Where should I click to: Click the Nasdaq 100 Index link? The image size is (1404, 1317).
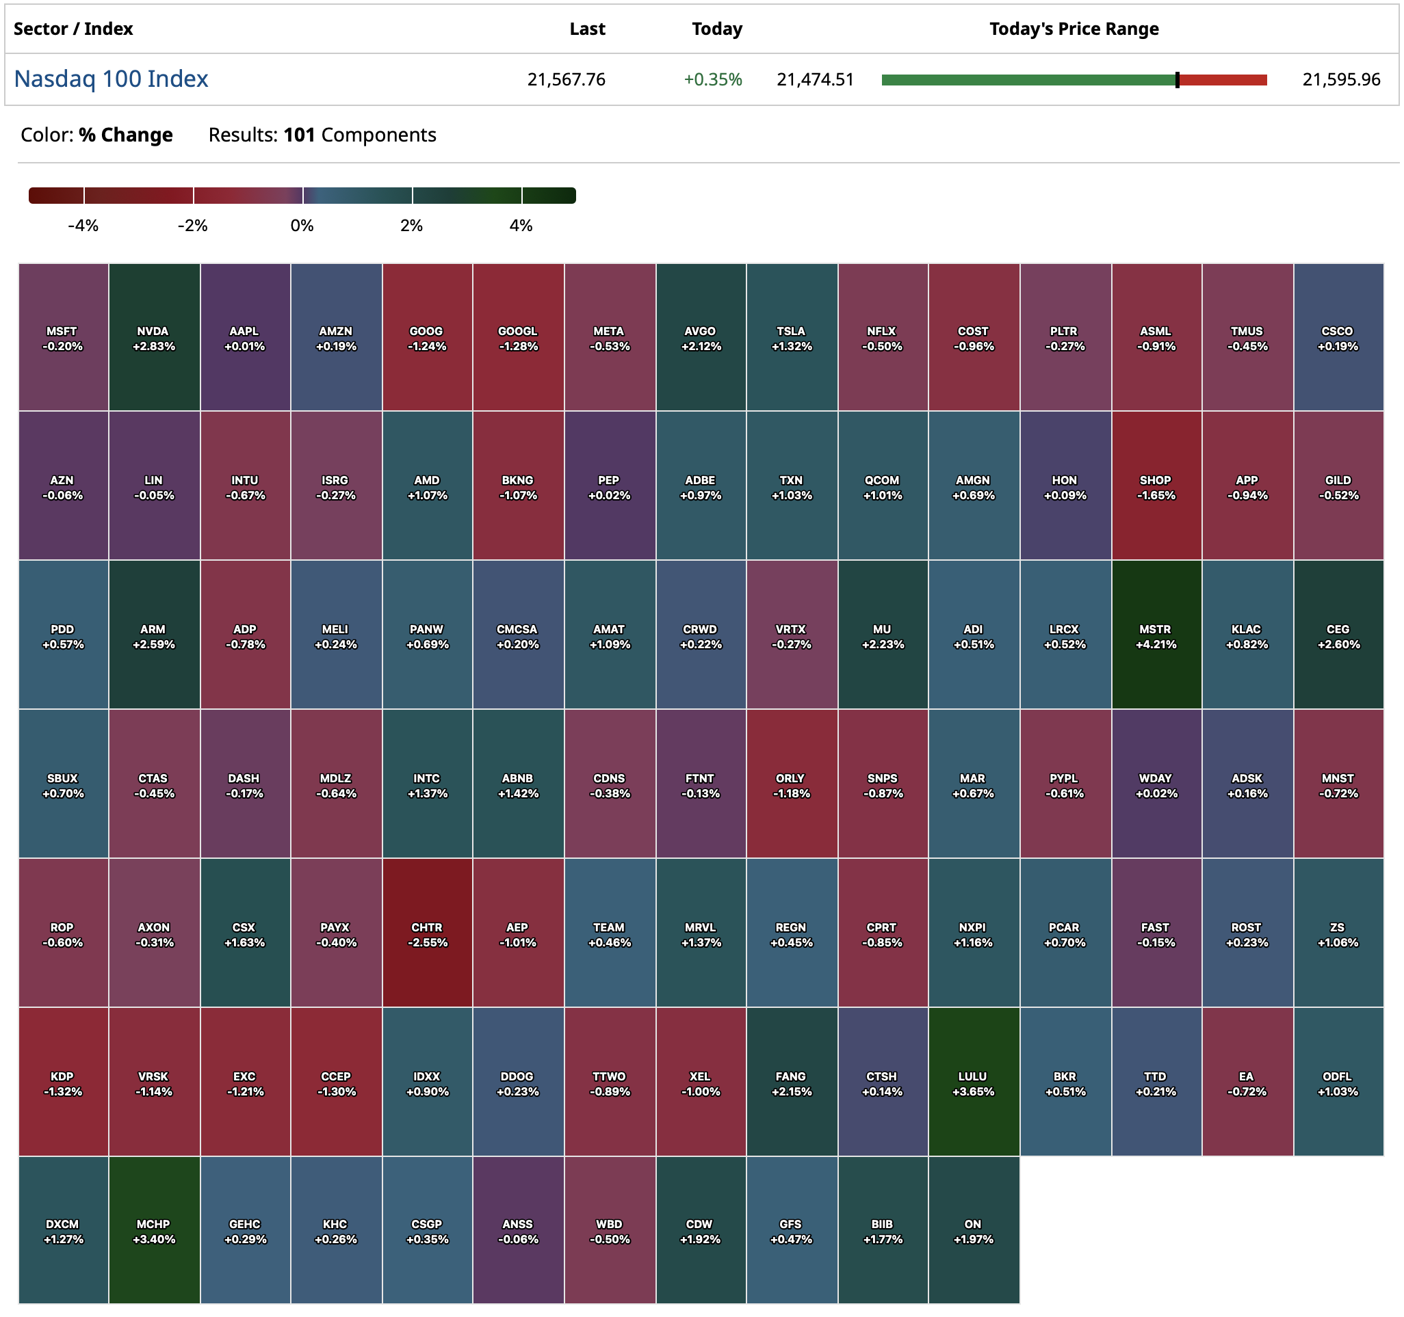pyautogui.click(x=111, y=79)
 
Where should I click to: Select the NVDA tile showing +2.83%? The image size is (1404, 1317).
pyautogui.click(x=154, y=338)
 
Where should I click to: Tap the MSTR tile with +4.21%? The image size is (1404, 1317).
pyautogui.click(x=1156, y=636)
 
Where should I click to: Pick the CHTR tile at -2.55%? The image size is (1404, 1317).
pyautogui.click(x=427, y=934)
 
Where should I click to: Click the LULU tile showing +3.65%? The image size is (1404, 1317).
pyautogui.click(x=973, y=1083)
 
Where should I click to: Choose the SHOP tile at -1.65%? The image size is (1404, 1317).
pyautogui.click(x=1156, y=487)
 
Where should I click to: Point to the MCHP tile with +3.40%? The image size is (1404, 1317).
pyautogui.click(x=154, y=1231)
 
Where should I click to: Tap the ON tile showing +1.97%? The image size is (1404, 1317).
pyautogui.click(x=973, y=1231)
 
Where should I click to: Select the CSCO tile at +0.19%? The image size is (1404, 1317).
pyautogui.click(x=1338, y=338)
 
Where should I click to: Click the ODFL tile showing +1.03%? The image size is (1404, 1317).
pyautogui.click(x=1338, y=1083)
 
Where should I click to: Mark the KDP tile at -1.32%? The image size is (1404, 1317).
pyautogui.click(x=63, y=1083)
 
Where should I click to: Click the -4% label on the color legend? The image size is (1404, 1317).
pyautogui.click(x=83, y=226)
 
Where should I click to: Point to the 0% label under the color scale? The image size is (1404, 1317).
pyautogui.click(x=302, y=226)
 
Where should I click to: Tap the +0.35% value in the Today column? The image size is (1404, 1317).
pyautogui.click(x=712, y=80)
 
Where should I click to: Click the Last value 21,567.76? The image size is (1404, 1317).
pyautogui.click(x=566, y=80)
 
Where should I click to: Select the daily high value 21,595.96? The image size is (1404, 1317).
pyautogui.click(x=1340, y=80)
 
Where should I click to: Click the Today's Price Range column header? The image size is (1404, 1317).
pyautogui.click(x=1074, y=29)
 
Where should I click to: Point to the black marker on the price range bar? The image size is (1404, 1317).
pyautogui.click(x=1178, y=80)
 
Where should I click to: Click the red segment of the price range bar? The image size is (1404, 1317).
pyautogui.click(x=1223, y=80)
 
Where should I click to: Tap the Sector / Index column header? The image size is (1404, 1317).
pyautogui.click(x=73, y=29)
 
